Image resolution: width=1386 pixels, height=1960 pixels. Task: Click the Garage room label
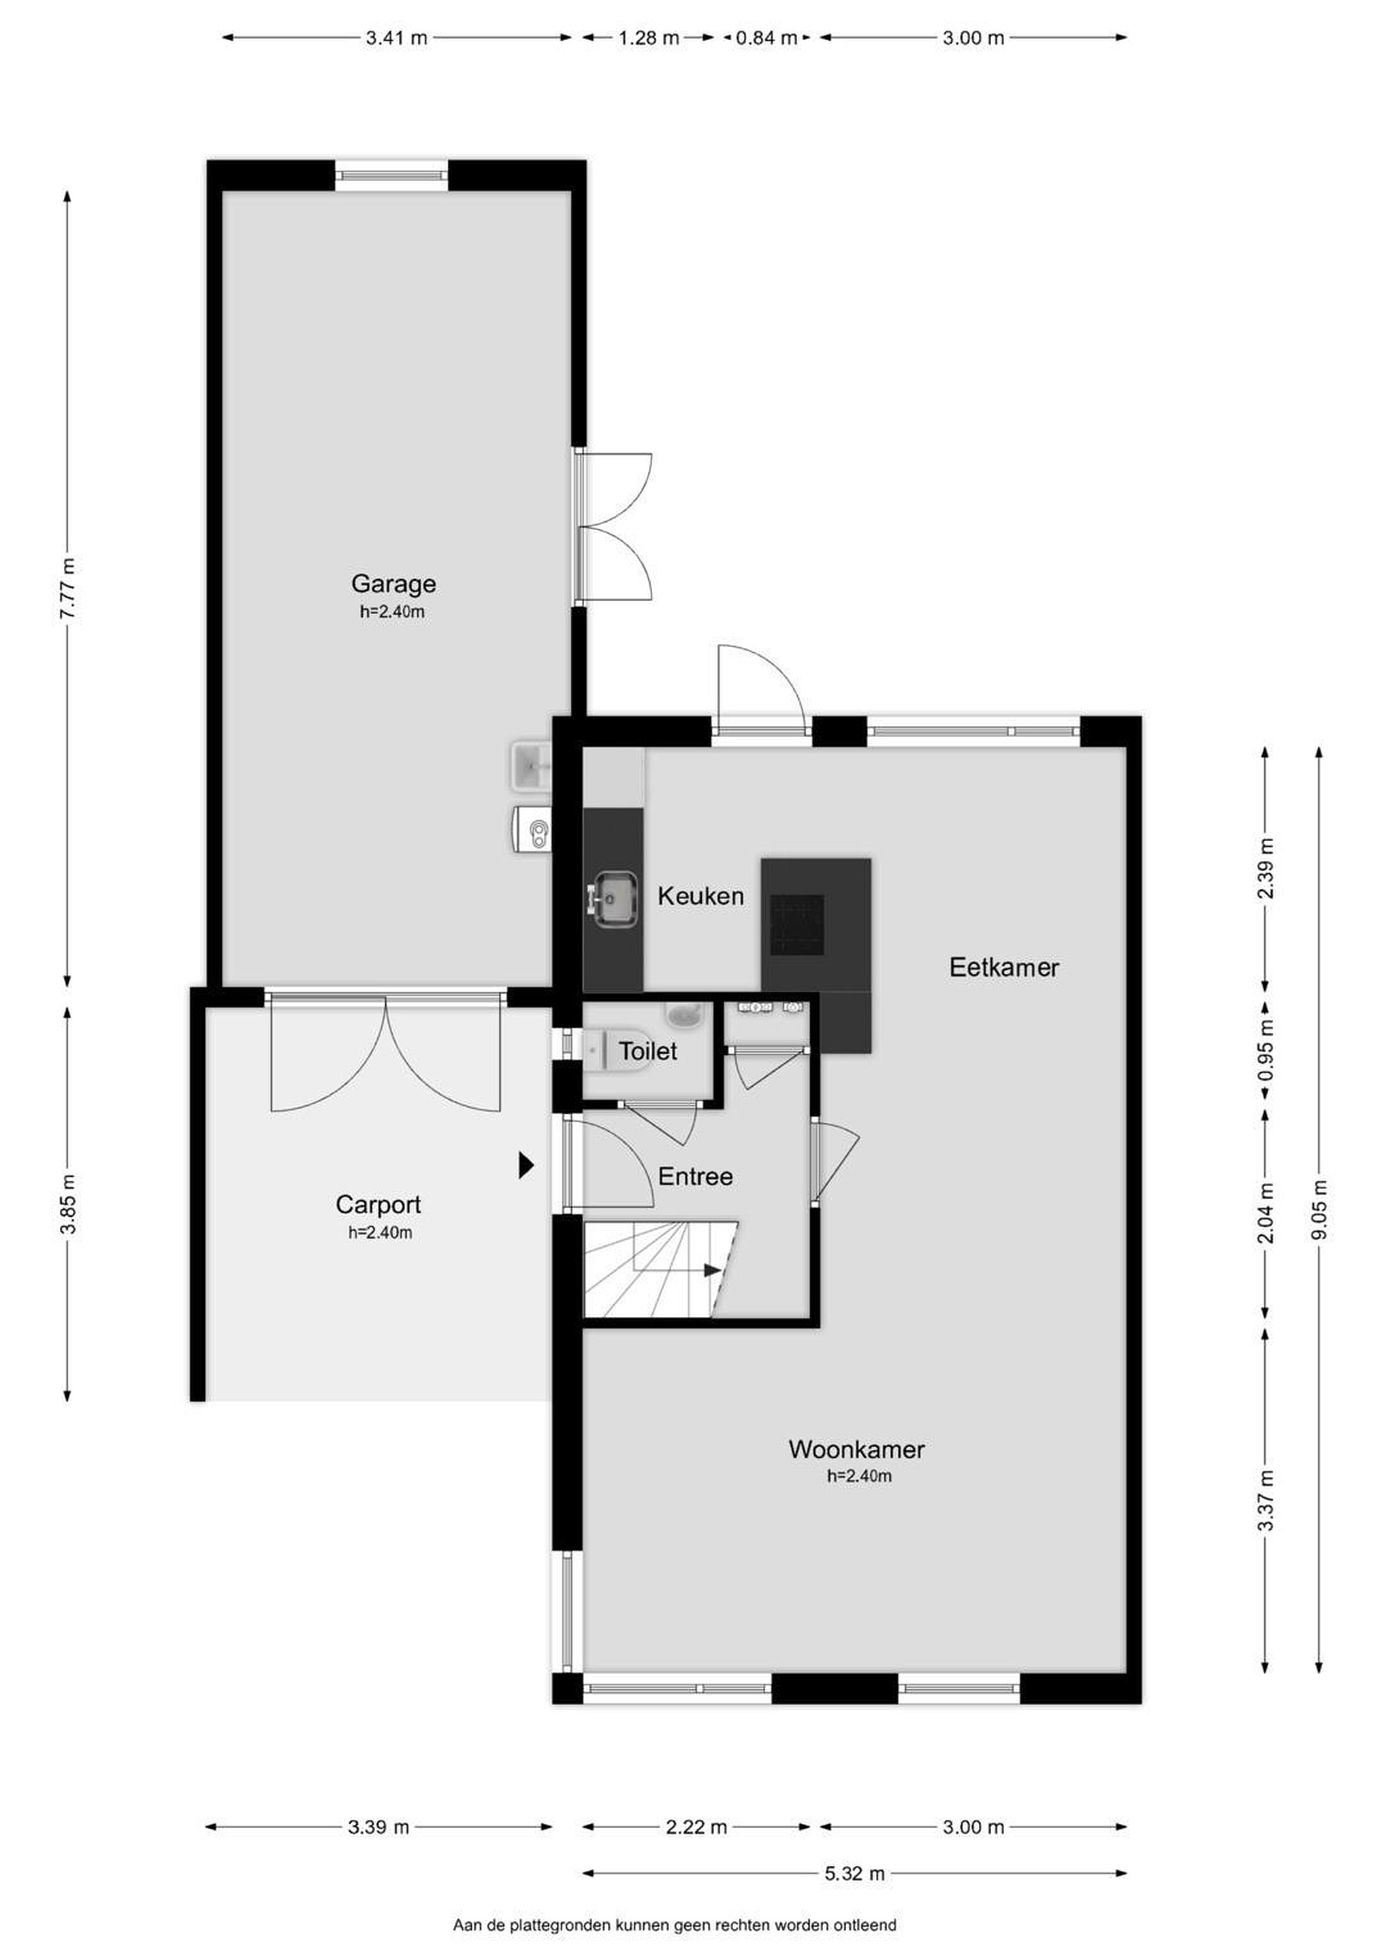[393, 584]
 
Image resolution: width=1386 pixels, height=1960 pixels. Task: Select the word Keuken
[700, 896]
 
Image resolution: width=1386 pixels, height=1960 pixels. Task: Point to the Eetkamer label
[1003, 967]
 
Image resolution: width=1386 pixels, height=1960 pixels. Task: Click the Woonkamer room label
[856, 1449]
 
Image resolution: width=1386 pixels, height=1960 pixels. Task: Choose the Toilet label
[648, 1051]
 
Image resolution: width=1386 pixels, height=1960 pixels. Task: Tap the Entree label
[695, 1177]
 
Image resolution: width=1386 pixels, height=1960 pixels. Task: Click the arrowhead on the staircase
[711, 1270]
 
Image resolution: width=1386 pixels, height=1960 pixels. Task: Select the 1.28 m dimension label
[648, 37]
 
